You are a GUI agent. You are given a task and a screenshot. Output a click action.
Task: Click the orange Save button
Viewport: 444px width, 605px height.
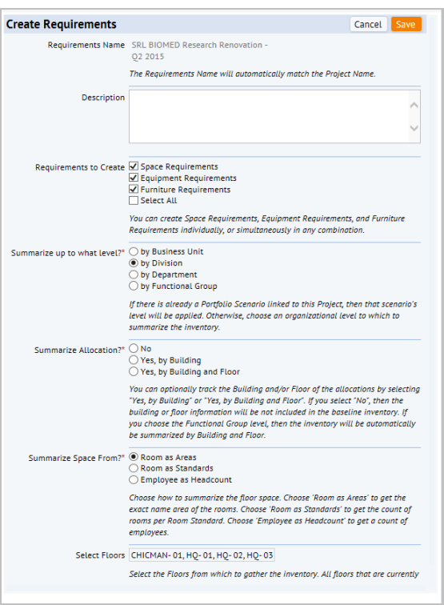click(x=406, y=25)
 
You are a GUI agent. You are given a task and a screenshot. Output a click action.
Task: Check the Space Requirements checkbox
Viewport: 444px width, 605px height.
click(x=134, y=166)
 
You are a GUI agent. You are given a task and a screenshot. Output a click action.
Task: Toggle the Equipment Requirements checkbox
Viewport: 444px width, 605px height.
click(x=134, y=178)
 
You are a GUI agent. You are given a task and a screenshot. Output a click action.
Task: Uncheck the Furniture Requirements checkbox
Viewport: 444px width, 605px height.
click(x=134, y=190)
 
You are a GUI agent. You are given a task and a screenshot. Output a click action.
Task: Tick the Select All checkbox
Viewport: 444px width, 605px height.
click(x=134, y=201)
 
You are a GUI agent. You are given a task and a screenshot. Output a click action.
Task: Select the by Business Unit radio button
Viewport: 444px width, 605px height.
click(x=134, y=251)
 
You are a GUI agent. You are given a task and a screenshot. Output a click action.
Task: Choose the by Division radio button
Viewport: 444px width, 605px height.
click(x=134, y=262)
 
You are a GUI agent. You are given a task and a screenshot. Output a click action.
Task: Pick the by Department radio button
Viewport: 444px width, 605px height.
click(x=134, y=274)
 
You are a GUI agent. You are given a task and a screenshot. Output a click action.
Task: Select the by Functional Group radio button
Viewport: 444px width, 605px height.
click(x=134, y=286)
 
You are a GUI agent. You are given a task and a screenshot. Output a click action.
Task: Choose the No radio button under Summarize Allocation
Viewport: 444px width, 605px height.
click(x=134, y=349)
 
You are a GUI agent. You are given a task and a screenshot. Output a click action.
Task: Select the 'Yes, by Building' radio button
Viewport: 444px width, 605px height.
click(x=134, y=360)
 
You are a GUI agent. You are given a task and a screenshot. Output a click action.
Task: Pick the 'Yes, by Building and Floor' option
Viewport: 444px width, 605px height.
click(x=134, y=371)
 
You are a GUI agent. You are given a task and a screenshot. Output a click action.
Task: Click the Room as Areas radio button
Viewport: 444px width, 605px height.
click(x=134, y=456)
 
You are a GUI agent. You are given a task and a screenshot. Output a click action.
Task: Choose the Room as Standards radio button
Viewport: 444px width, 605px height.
click(x=134, y=468)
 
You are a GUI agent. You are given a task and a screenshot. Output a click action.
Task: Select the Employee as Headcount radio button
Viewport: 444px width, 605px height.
click(x=134, y=479)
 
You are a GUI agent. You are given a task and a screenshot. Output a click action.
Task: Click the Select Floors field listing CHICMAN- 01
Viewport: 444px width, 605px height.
click(x=202, y=555)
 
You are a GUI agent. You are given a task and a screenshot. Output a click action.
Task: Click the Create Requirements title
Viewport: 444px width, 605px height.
click(x=62, y=25)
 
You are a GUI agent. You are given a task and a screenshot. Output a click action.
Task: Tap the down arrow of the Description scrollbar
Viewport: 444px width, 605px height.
click(x=414, y=128)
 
